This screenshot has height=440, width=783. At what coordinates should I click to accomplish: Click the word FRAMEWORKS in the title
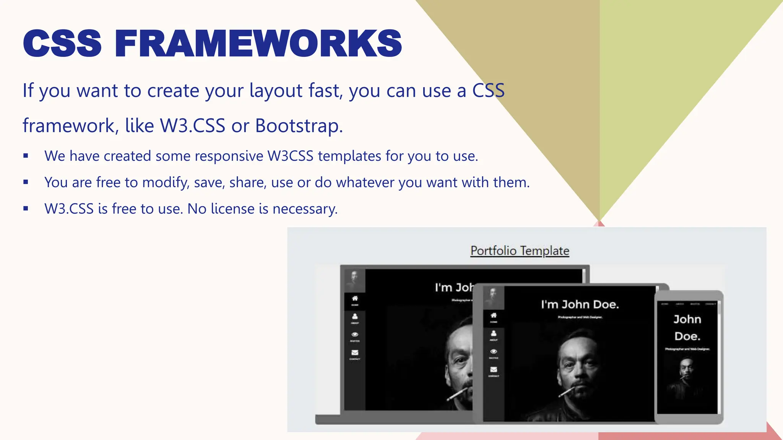pyautogui.click(x=258, y=44)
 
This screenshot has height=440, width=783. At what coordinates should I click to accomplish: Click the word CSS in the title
pyautogui.click(x=62, y=44)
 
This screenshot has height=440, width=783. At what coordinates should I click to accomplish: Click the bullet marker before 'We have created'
pyautogui.click(x=26, y=155)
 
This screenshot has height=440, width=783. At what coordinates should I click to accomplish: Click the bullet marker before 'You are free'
pyautogui.click(x=26, y=182)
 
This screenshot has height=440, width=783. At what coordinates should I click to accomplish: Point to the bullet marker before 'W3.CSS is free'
pyautogui.click(x=26, y=208)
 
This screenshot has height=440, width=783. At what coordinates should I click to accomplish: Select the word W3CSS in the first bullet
pyautogui.click(x=290, y=156)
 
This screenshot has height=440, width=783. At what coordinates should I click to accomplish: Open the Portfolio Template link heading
pyautogui.click(x=520, y=251)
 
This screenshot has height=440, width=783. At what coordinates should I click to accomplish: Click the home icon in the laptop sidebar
pyautogui.click(x=355, y=298)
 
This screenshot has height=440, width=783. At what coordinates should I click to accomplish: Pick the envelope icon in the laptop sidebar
pyautogui.click(x=355, y=353)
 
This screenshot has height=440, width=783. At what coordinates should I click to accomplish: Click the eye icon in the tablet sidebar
pyautogui.click(x=494, y=351)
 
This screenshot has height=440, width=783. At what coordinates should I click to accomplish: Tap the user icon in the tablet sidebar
pyautogui.click(x=494, y=333)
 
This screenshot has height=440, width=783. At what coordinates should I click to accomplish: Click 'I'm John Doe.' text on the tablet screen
pyautogui.click(x=580, y=304)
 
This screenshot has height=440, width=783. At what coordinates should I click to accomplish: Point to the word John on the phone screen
pyautogui.click(x=687, y=319)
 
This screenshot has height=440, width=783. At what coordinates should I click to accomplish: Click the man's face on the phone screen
pyautogui.click(x=687, y=369)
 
